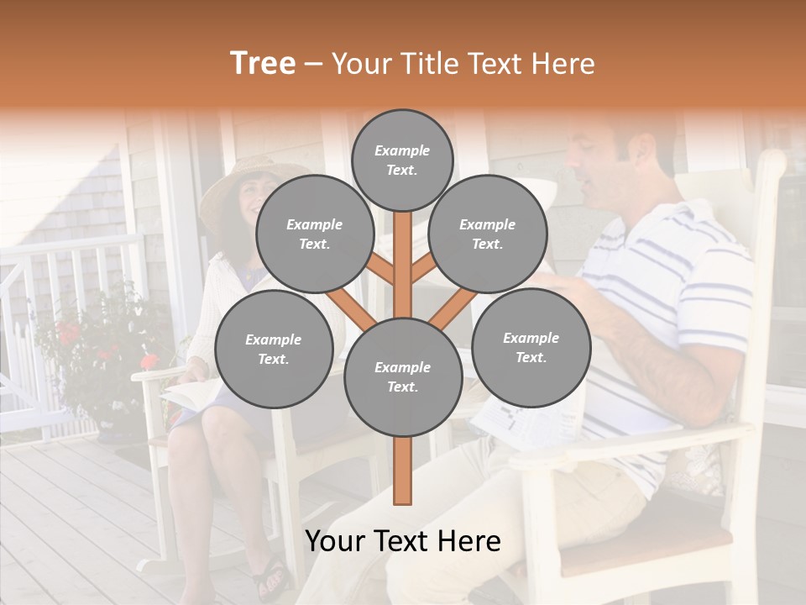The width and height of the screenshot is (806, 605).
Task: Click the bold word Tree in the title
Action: (x=263, y=64)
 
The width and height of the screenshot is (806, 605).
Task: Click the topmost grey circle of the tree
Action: (x=402, y=160)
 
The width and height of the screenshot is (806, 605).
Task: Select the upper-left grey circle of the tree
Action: (x=314, y=234)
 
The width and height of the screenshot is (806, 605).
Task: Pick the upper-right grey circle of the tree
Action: (x=488, y=234)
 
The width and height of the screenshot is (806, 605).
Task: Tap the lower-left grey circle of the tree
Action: (x=274, y=350)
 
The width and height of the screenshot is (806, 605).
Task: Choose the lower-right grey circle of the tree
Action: (x=531, y=347)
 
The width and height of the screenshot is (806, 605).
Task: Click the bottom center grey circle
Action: (x=403, y=377)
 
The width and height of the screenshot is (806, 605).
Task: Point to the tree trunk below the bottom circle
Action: (x=403, y=471)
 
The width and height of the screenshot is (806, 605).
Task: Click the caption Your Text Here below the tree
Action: (x=403, y=542)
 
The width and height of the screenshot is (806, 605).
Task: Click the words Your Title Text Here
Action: (x=463, y=64)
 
